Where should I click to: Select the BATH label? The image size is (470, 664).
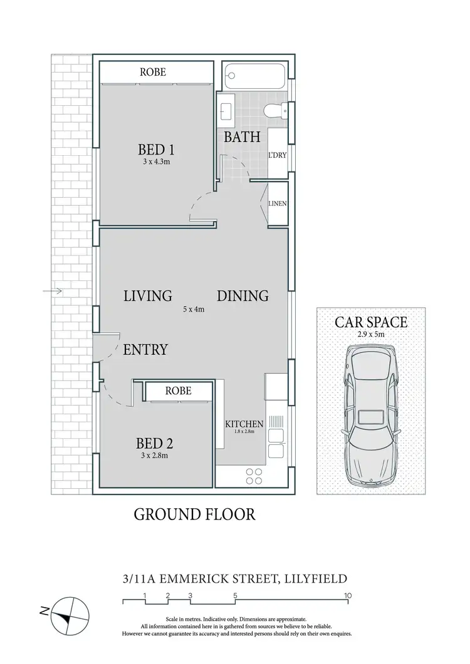tap(242, 137)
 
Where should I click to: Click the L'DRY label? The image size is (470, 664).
tap(277, 155)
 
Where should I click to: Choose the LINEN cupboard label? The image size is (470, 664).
tap(277, 203)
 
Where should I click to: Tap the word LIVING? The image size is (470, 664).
tap(148, 295)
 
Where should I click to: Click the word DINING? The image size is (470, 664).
tap(243, 295)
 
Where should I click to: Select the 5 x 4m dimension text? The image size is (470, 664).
tap(194, 309)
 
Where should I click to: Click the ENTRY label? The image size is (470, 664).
tap(145, 349)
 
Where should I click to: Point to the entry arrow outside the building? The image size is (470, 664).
tap(53, 291)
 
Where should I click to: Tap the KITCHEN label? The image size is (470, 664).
tap(244, 424)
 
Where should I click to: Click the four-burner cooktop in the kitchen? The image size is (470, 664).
tap(254, 476)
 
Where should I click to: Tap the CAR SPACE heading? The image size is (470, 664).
tap(371, 322)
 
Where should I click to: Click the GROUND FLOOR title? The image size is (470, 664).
tap(195, 514)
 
